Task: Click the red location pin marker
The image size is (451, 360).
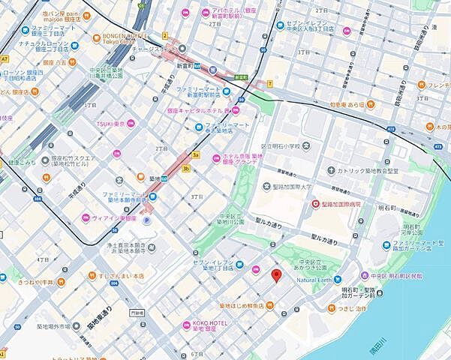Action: [275, 276]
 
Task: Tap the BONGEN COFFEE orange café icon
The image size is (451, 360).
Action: [96, 37]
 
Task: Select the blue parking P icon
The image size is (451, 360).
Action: [147, 221]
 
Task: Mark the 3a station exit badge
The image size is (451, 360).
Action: [196, 155]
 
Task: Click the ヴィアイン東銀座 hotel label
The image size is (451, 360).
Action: [115, 218]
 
